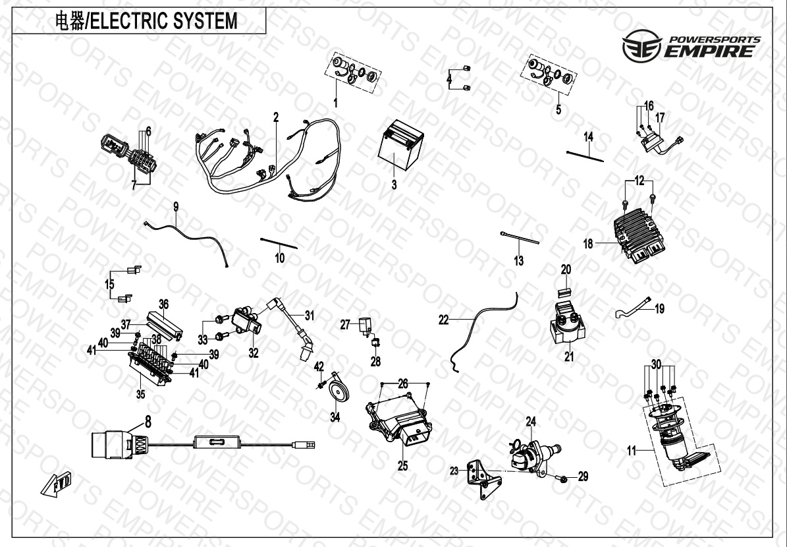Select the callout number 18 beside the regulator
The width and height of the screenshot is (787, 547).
coord(588,244)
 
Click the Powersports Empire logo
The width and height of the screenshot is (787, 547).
coord(691,46)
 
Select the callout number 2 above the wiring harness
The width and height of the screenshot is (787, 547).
coord(276,117)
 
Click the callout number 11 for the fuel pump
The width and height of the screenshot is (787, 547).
coord(632,452)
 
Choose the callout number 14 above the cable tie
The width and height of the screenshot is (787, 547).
coord(589,136)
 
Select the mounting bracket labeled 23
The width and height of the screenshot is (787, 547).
coord(480,475)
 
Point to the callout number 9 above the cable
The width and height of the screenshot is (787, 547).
coord(176,207)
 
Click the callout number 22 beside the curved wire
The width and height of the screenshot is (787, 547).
coord(444,319)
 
